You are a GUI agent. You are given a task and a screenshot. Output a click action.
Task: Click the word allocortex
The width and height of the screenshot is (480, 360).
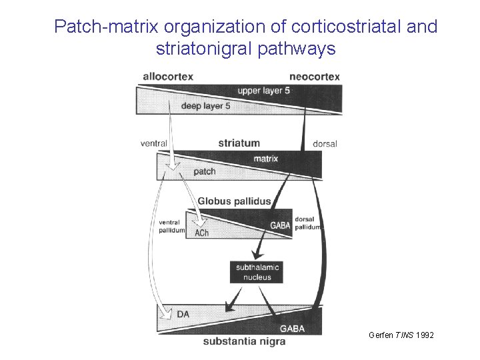tap(168, 76)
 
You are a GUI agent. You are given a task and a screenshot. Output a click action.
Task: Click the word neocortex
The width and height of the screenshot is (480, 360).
tap(314, 76)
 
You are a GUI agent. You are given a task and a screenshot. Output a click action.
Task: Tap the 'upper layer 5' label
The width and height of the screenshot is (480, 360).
tap(264, 91)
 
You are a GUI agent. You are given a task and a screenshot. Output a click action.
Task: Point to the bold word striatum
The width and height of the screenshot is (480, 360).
tap(239, 143)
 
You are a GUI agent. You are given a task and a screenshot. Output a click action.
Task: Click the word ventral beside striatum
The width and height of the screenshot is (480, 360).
tap(153, 143)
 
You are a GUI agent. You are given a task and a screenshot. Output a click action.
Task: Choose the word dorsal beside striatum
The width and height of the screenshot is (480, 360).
tap(325, 143)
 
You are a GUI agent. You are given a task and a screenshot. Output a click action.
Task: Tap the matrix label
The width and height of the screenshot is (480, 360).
tap(265, 159)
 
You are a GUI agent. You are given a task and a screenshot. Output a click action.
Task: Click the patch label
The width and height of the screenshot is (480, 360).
tap(204, 171)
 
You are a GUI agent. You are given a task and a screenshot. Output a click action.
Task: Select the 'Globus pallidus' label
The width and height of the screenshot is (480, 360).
tap(234, 201)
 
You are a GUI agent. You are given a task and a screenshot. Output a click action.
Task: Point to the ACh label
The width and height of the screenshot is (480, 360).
tap(201, 233)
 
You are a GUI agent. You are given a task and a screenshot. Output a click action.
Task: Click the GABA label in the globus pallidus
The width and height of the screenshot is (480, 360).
tap(280, 225)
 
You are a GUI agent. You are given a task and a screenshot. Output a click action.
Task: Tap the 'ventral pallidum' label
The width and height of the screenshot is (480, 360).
tap(172, 226)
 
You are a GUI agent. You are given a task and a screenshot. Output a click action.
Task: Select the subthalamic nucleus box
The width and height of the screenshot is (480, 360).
tap(257, 272)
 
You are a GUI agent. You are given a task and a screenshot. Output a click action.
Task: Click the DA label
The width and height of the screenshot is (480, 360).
tap(183, 313)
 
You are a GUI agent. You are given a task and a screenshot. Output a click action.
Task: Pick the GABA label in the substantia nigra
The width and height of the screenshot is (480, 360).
tap(292, 328)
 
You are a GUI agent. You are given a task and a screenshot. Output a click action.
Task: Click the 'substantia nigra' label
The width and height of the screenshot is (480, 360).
tap(244, 341)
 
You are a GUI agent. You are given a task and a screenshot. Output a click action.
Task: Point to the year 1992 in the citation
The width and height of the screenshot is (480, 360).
tap(424, 335)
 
